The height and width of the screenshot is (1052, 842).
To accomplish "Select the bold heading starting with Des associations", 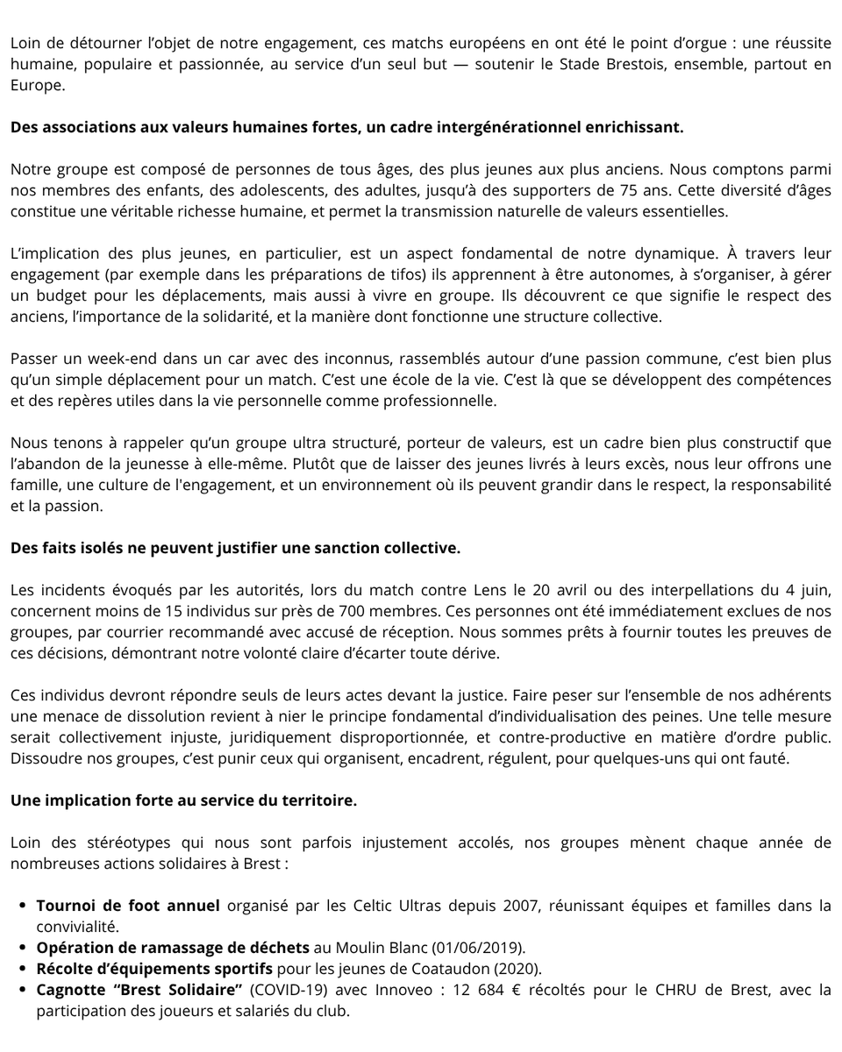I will [x=346, y=127].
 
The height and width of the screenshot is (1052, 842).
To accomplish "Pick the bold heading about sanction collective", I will [x=235, y=548].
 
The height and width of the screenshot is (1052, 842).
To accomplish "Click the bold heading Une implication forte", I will [x=183, y=800].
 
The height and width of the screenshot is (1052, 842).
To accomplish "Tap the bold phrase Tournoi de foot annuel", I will [x=128, y=905].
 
